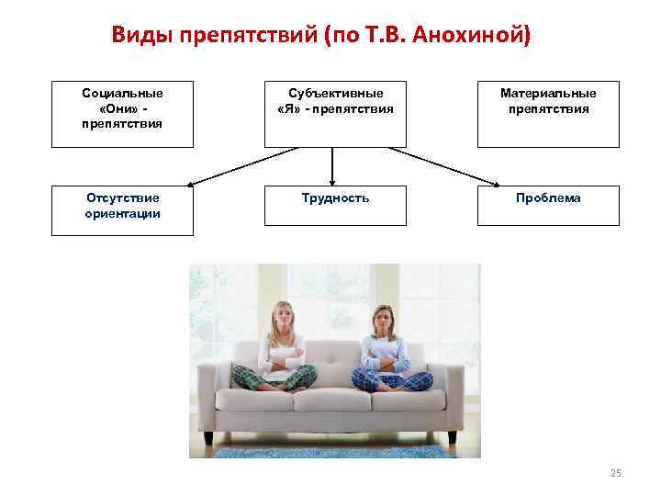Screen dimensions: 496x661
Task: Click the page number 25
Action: point(615,473)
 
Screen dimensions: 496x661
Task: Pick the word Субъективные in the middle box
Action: point(335,94)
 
